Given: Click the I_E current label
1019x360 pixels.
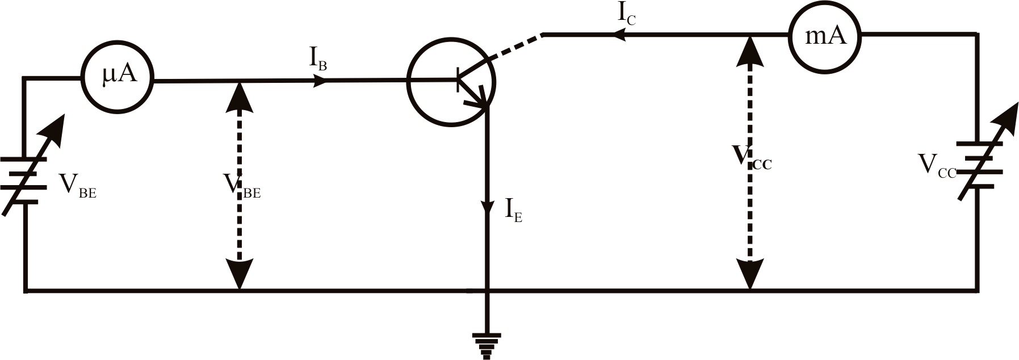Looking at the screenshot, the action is pos(513,211).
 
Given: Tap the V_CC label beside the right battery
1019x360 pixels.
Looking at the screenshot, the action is pos(937,167).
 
